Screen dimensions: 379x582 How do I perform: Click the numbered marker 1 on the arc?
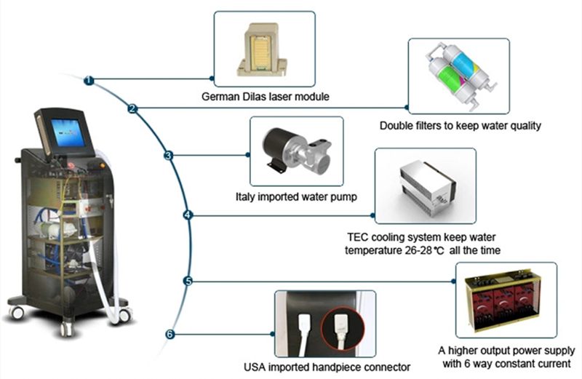89,81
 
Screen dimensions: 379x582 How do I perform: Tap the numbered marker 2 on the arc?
132,108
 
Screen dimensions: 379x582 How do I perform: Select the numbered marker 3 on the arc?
168,155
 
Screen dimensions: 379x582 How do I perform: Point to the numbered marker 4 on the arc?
188,215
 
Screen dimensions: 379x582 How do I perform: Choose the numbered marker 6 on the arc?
170,335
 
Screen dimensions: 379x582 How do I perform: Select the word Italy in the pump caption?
245,196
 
